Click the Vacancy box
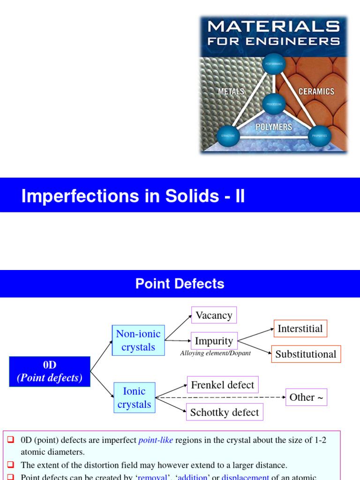(x=214, y=315)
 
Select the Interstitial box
(x=300, y=329)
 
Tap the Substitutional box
(x=306, y=354)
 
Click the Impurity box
(x=214, y=341)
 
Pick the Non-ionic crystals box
(x=138, y=340)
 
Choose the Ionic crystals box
(x=134, y=398)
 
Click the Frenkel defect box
(x=222, y=385)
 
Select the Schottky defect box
(x=224, y=412)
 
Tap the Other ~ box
(x=306, y=397)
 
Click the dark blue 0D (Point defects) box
(x=50, y=372)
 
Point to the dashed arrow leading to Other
(x=220, y=397)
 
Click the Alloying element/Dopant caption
(x=215, y=353)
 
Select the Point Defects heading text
(x=180, y=284)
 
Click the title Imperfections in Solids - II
(x=133, y=196)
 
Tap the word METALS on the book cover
(x=231, y=91)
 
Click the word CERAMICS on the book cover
(x=316, y=91)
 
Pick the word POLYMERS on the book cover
(x=274, y=127)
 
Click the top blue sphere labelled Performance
(x=273, y=63)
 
